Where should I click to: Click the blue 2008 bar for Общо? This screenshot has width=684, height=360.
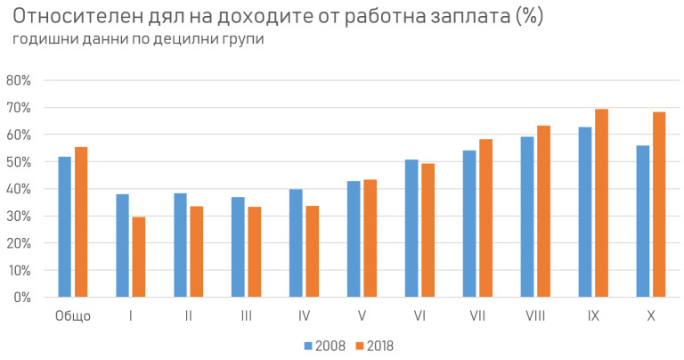pyautogui.click(x=64, y=227)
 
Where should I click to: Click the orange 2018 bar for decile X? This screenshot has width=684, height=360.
pyautogui.click(x=659, y=204)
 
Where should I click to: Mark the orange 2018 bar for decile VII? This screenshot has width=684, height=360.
pyautogui.click(x=485, y=218)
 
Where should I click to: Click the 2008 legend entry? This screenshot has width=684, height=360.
pyautogui.click(x=325, y=346)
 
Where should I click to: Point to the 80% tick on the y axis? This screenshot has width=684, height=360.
pyautogui.click(x=19, y=80)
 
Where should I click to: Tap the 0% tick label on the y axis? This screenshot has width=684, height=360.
pyautogui.click(x=22, y=298)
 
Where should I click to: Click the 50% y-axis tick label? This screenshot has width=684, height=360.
pyautogui.click(x=19, y=161)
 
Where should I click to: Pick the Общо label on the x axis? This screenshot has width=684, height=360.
pyautogui.click(x=73, y=316)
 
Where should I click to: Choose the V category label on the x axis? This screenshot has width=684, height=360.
pyautogui.click(x=362, y=316)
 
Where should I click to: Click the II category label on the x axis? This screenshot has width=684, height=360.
pyautogui.click(x=188, y=316)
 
